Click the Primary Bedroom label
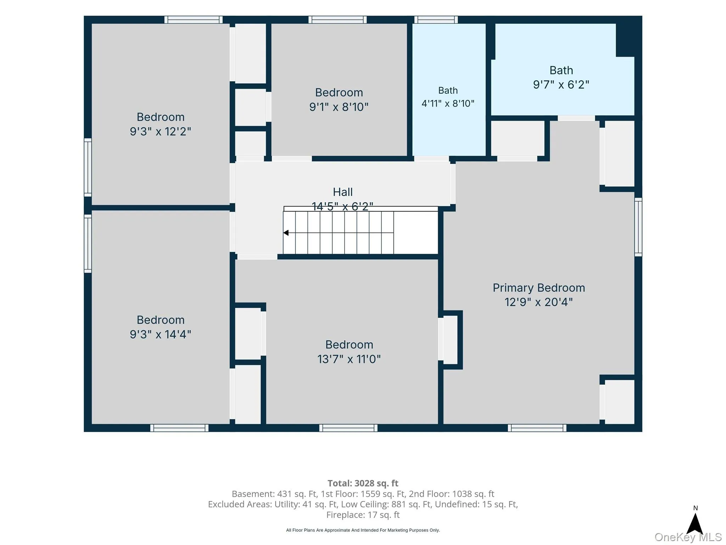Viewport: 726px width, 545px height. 538,288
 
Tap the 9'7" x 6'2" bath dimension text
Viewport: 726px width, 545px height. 561,85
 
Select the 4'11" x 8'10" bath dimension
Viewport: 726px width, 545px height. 448,104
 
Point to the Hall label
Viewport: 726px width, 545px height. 342,192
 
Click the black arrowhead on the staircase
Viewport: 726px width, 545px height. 286,233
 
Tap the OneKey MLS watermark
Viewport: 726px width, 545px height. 688,538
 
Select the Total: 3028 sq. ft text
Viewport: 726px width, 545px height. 363,483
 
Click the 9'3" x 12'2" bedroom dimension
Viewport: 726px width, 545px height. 160,132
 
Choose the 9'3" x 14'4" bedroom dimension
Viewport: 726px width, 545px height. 160,335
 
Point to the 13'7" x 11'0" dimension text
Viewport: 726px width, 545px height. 349,359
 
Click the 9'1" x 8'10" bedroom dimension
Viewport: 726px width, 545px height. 339,107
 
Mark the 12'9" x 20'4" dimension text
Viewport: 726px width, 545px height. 538,302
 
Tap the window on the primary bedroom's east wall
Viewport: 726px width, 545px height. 638,227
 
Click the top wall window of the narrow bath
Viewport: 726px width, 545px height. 436,20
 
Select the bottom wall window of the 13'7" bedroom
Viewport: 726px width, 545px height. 348,428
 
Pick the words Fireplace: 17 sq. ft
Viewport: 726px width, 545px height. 363,515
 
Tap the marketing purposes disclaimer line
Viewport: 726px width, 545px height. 363,530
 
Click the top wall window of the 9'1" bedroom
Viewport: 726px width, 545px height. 337,20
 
